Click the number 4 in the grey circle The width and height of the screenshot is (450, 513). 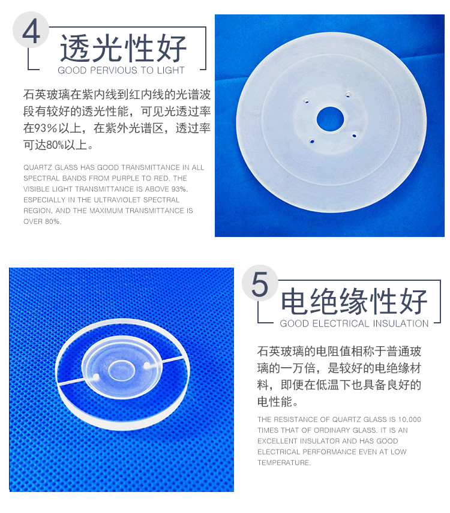coord(31,32)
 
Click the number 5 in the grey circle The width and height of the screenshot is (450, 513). coord(260,284)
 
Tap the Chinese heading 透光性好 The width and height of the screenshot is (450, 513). coord(123,48)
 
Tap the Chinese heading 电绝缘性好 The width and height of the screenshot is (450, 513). coord(355,301)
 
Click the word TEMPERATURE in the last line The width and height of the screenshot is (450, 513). coord(284,463)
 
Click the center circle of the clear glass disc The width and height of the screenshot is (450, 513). coord(122,371)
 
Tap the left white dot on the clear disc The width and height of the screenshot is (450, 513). coord(95,377)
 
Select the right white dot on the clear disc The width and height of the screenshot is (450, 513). coord(147,365)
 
